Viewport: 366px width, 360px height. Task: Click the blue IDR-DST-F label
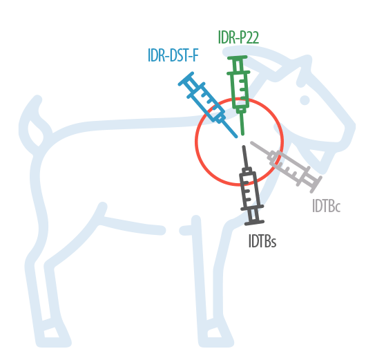tap(173, 55)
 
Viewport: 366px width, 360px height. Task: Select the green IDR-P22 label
tap(238, 37)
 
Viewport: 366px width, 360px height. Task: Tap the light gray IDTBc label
tap(327, 206)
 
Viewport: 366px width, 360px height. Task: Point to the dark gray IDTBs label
tap(262, 241)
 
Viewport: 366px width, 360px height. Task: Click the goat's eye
tap(305, 100)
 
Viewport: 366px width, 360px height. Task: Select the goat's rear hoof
tap(53, 333)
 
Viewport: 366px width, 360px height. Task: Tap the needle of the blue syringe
tap(229, 129)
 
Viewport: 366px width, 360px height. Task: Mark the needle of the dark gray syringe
tap(245, 157)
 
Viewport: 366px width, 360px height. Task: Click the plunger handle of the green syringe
tap(238, 57)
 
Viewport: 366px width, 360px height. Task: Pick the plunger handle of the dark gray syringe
tap(254, 222)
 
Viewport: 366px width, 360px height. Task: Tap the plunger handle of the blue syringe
tap(186, 79)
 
